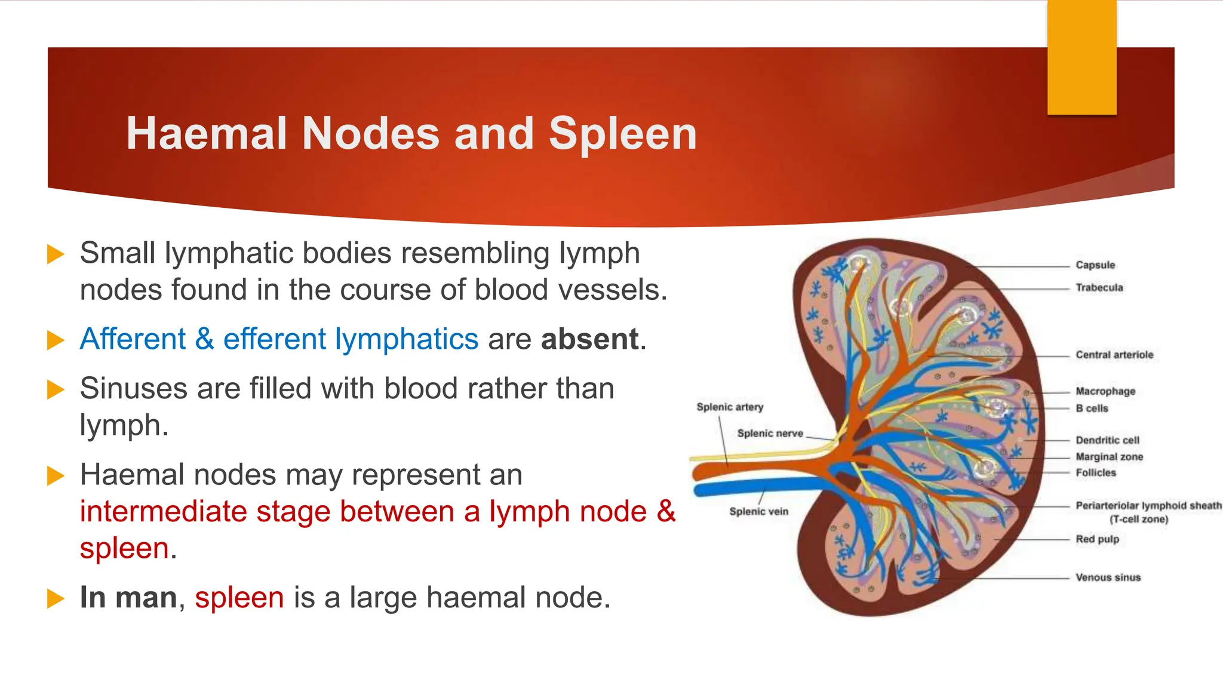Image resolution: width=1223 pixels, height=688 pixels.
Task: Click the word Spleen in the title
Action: [x=622, y=134]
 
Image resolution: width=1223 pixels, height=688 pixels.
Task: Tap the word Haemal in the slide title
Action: [x=207, y=134]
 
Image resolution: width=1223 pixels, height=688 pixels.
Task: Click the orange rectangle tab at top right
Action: [x=1081, y=57]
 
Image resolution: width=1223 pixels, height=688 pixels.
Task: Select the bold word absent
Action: [x=590, y=339]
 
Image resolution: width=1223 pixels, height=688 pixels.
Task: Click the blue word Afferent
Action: [x=133, y=339]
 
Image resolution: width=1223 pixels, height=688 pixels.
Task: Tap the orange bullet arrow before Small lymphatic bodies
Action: [x=56, y=254]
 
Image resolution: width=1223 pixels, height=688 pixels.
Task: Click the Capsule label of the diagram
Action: [x=1095, y=265]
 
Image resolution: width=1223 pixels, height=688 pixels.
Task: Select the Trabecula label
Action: [x=1099, y=288]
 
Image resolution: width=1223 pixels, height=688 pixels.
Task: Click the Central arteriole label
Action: [x=1114, y=355]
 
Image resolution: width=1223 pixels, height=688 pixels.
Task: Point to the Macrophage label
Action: [x=1105, y=391]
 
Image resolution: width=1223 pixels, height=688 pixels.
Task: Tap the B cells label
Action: [x=1092, y=408]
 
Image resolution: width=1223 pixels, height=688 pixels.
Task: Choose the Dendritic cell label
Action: [x=1107, y=440]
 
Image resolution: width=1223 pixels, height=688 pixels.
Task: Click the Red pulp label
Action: [x=1097, y=539]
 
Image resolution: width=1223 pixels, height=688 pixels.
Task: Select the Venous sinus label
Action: [x=1108, y=578]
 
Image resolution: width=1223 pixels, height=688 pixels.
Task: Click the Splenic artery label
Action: [x=730, y=407]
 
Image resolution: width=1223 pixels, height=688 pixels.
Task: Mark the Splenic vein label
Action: [x=758, y=512]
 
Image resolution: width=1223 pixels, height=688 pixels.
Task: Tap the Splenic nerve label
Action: [x=770, y=434]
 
